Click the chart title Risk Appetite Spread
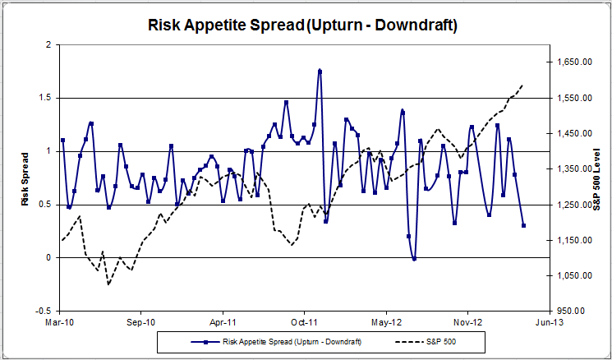click(302, 25)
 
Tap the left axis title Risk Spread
click(25, 178)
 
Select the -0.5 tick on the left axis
click(44, 312)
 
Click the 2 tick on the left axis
click(50, 44)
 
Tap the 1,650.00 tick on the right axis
click(575, 62)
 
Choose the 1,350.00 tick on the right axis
click(575, 169)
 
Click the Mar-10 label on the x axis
click(60, 323)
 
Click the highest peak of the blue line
click(320, 72)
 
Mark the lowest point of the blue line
click(414, 259)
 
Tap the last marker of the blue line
click(523, 225)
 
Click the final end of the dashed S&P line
click(523, 85)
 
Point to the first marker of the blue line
click(62, 141)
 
